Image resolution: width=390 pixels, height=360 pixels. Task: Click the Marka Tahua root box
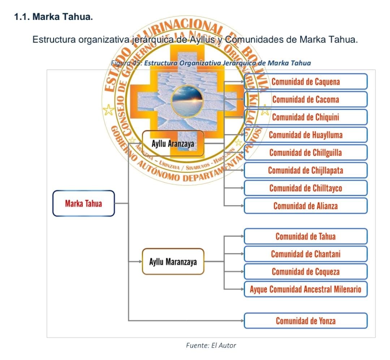[x=83, y=203]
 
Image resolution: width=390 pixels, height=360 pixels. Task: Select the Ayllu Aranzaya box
[x=173, y=143]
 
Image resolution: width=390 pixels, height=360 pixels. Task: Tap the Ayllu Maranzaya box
[x=173, y=261]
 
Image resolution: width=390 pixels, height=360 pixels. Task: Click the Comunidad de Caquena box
[x=305, y=82]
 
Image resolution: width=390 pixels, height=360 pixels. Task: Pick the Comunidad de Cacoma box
[x=305, y=99]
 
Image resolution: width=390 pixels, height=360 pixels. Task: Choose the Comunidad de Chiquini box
[x=305, y=117]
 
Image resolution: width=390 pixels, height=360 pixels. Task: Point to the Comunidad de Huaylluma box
[x=305, y=135]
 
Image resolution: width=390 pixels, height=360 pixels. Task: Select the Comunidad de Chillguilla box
[x=305, y=153]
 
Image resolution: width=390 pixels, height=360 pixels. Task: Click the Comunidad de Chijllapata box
[x=305, y=170]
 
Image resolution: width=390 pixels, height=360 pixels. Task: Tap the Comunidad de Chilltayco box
[x=305, y=188]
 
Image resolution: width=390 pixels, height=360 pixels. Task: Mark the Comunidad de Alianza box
[x=305, y=206]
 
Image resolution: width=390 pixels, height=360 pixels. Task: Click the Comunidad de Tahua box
[x=305, y=236]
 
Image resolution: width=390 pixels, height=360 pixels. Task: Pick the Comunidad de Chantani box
[x=305, y=254]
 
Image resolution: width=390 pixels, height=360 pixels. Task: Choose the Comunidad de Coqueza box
[x=305, y=272]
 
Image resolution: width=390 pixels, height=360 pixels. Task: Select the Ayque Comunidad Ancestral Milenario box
[x=305, y=289]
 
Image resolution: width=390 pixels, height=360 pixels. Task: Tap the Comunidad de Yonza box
[x=305, y=321]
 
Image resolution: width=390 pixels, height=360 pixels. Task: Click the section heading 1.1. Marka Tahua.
[x=53, y=17]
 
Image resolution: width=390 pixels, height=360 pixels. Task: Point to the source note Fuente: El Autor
[x=211, y=346]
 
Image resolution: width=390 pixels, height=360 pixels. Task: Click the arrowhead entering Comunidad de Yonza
[x=242, y=320]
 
